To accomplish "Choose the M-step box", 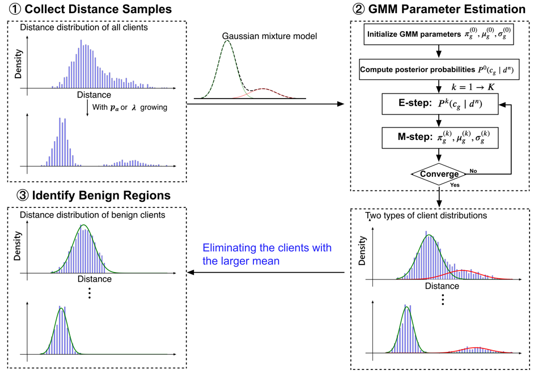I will [439, 137].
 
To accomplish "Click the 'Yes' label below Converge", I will [454, 185].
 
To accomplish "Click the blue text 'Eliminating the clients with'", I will [267, 248].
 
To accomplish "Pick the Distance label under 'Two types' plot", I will [442, 286].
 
